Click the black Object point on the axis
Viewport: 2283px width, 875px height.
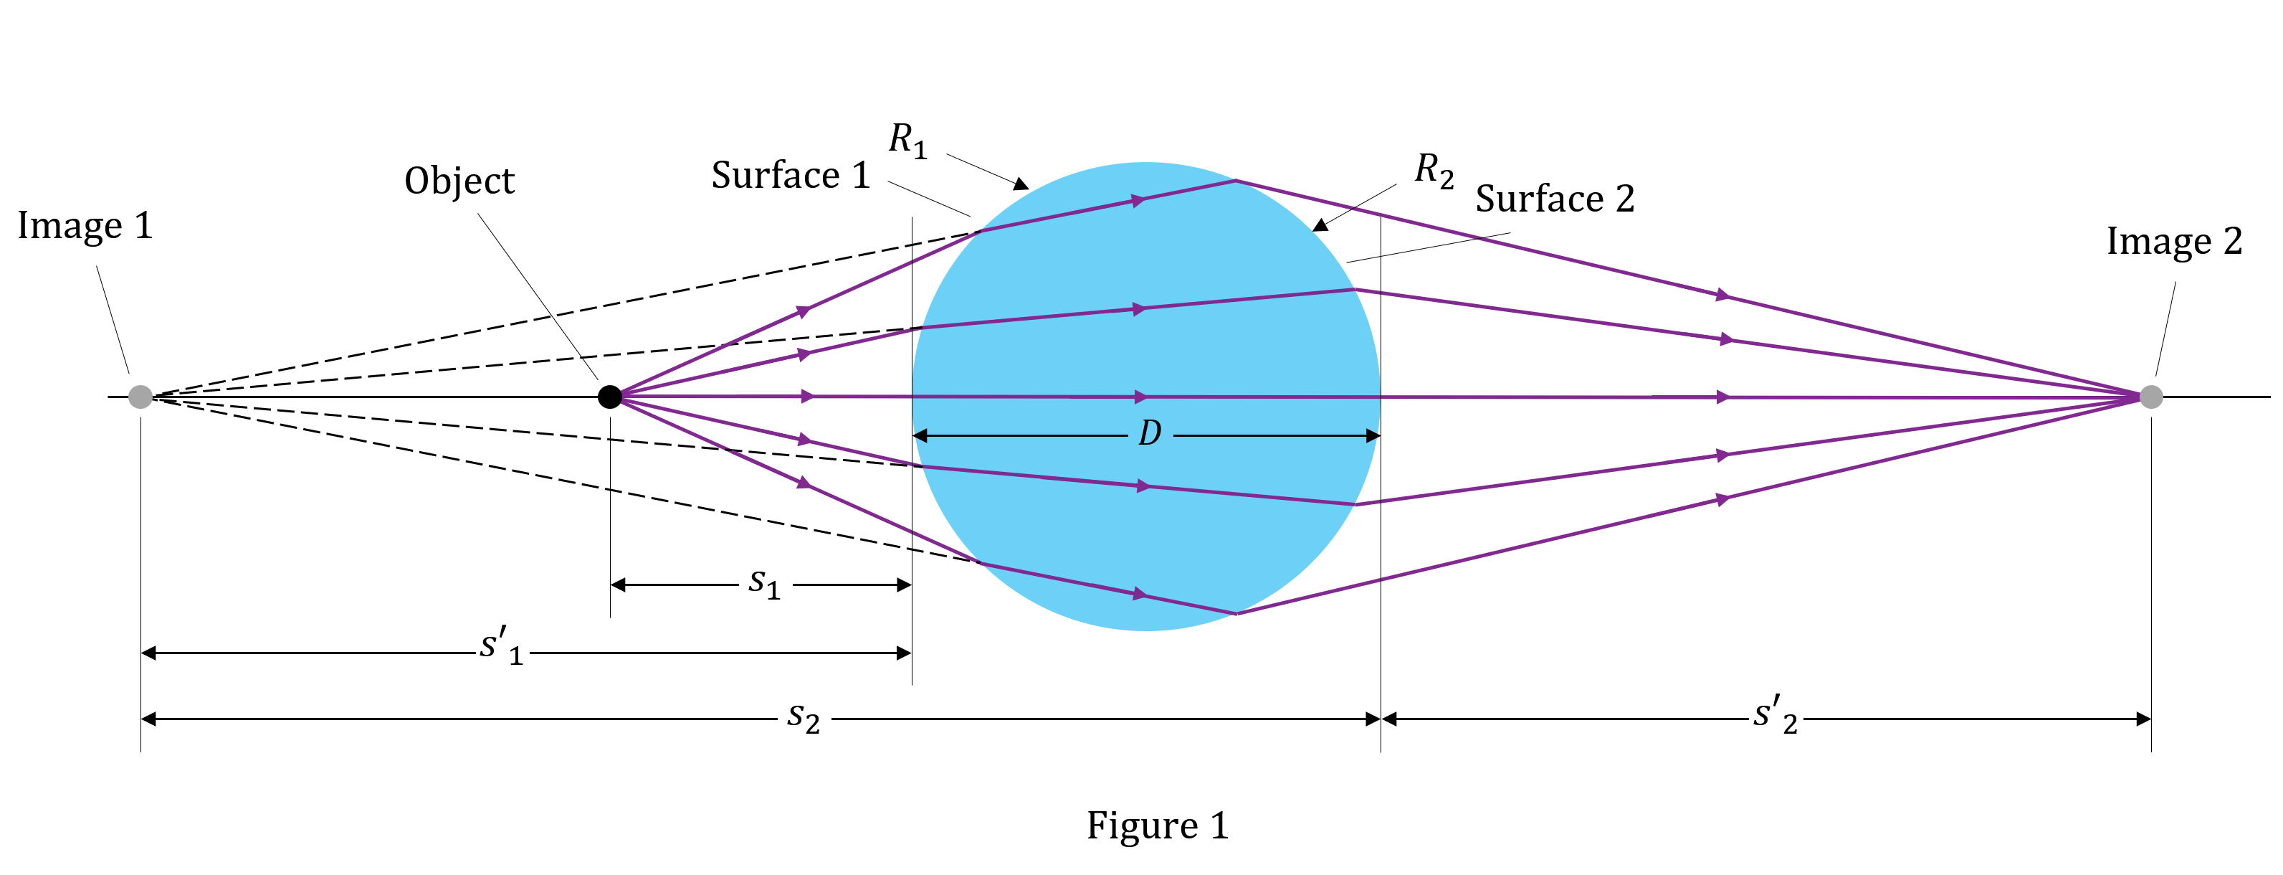[610, 397]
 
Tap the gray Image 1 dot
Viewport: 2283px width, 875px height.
[140, 397]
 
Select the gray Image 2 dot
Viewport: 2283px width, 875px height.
[2151, 397]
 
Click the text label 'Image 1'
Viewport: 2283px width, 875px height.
[85, 226]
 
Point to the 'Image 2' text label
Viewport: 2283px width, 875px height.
[2174, 241]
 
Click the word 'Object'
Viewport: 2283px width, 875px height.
[459, 181]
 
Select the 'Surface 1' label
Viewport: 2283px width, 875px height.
[791, 176]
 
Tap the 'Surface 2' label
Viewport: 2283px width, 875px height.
[1555, 199]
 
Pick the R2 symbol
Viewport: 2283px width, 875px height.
[1434, 170]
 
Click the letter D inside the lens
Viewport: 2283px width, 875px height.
[1150, 433]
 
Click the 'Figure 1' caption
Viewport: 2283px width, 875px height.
[1158, 826]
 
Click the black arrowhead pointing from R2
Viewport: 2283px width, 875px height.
[1320, 225]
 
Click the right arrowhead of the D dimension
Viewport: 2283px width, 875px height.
[1373, 436]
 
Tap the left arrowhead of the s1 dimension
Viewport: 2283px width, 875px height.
[619, 585]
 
